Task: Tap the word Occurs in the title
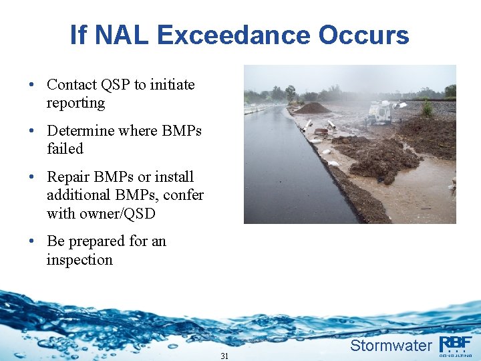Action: point(364,35)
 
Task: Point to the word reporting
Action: point(75,103)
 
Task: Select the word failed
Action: point(65,148)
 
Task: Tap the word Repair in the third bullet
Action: point(69,177)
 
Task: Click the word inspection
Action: point(79,259)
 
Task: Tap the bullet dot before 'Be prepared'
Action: point(32,241)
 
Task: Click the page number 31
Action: point(224,356)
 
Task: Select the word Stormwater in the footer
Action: point(391,346)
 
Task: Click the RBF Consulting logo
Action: point(456,344)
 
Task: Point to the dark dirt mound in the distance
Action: point(312,108)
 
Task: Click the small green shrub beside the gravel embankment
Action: point(426,107)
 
